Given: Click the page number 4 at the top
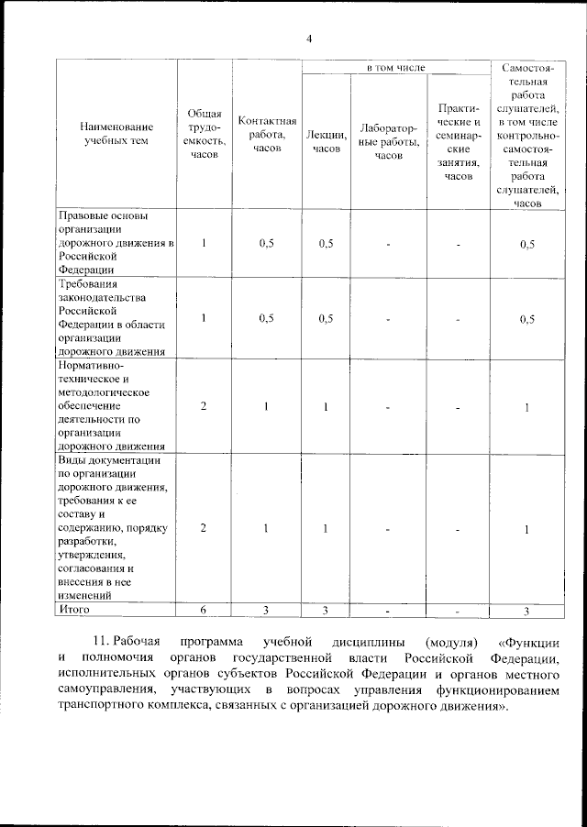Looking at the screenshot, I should coord(309,39).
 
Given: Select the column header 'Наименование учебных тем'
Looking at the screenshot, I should coord(115,134).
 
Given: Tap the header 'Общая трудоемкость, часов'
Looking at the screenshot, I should coord(205,134).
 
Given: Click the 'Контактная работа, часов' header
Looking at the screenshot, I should coord(267,134).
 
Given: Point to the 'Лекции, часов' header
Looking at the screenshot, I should coord(326,141).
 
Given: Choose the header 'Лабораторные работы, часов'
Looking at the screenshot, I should coord(389,141).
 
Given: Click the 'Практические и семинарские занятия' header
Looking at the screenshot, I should coord(459,141).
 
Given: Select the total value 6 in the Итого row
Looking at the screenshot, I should coord(204,610).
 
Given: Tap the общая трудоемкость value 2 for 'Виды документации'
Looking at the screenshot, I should coord(204,529).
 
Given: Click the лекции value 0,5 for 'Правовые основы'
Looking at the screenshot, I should coord(326,244).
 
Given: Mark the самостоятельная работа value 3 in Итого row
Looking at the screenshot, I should coord(526,610).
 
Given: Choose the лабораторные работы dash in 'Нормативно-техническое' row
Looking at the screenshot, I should coord(389,407).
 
